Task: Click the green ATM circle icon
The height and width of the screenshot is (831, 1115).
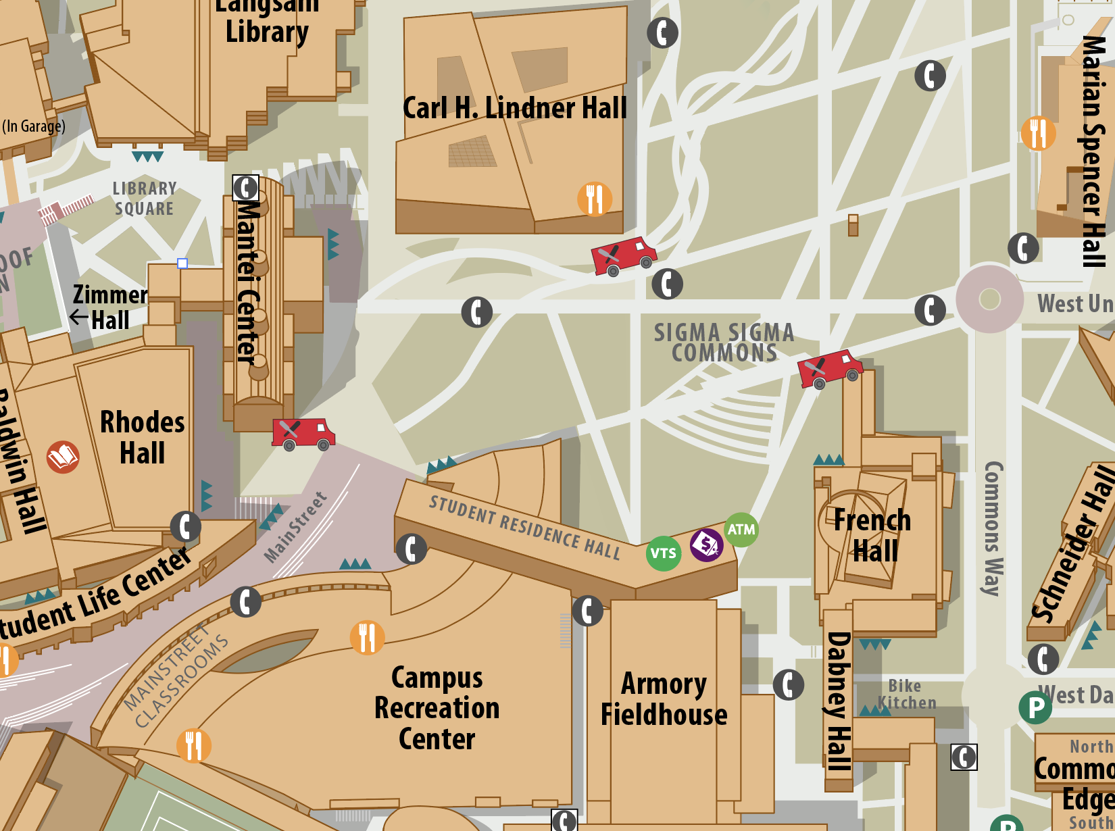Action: click(x=741, y=530)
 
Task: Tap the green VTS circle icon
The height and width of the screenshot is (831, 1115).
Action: click(x=663, y=553)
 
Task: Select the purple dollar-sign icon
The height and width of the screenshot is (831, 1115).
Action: click(x=706, y=544)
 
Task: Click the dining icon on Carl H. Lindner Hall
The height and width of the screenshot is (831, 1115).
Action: click(x=595, y=199)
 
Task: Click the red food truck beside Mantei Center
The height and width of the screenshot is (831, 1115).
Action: click(x=303, y=434)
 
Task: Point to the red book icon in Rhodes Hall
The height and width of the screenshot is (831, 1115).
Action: click(x=63, y=457)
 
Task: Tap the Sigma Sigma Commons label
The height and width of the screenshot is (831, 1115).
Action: click(x=724, y=343)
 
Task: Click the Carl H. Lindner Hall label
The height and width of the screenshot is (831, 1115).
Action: click(x=515, y=108)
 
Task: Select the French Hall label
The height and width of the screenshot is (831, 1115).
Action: click(x=873, y=536)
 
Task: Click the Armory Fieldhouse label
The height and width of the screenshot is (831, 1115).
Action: click(x=664, y=699)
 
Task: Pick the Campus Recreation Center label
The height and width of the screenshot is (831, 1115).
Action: click(x=437, y=708)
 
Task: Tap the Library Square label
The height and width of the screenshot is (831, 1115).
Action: click(x=144, y=199)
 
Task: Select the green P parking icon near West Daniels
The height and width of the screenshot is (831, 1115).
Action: click(x=1035, y=707)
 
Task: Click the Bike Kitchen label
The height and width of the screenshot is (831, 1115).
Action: click(x=906, y=695)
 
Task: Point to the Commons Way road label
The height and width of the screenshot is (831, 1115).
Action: click(x=992, y=528)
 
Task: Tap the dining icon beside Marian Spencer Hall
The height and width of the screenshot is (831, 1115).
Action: click(x=1038, y=133)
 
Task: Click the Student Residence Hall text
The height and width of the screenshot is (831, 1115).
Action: click(x=525, y=527)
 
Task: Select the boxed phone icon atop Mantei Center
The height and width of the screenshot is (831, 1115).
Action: click(x=245, y=188)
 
